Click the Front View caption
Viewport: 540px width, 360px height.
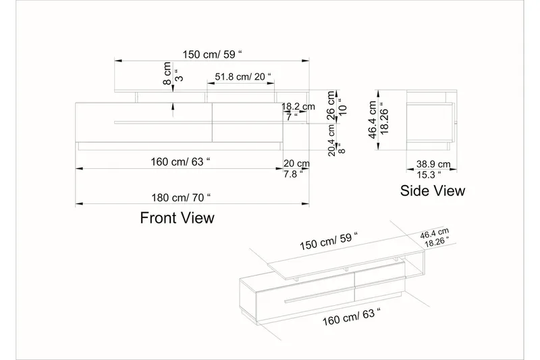[x=177, y=217]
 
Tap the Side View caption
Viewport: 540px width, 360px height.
[x=433, y=190]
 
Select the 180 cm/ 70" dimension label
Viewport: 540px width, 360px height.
[x=180, y=197]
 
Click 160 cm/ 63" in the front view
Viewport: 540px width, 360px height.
[x=180, y=162]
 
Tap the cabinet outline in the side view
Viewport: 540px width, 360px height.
[x=431, y=120]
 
